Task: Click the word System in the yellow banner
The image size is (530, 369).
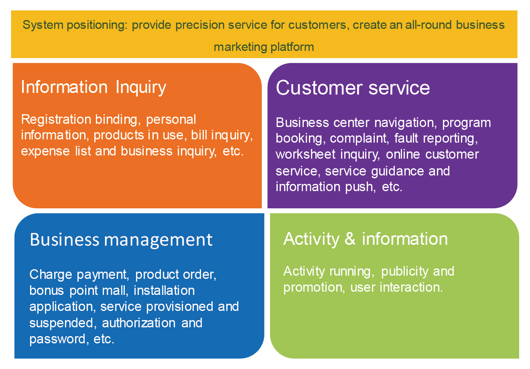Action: click(x=43, y=25)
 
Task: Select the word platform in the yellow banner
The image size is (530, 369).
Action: click(x=292, y=47)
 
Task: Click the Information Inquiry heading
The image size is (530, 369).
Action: click(x=94, y=87)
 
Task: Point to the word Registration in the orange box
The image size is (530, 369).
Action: click(x=56, y=120)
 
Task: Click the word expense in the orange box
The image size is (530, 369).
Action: click(x=45, y=151)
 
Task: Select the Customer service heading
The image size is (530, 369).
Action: click(x=353, y=88)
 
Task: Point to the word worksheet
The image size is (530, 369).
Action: click(x=306, y=154)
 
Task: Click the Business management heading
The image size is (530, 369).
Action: click(x=121, y=240)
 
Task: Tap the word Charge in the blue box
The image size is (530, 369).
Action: click(x=51, y=275)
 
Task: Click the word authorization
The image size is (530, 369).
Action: click(x=139, y=323)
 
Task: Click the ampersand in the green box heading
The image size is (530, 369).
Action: click(x=350, y=239)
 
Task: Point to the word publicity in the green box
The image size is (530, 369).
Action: click(x=404, y=272)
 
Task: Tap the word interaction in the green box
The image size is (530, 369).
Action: click(x=411, y=288)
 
